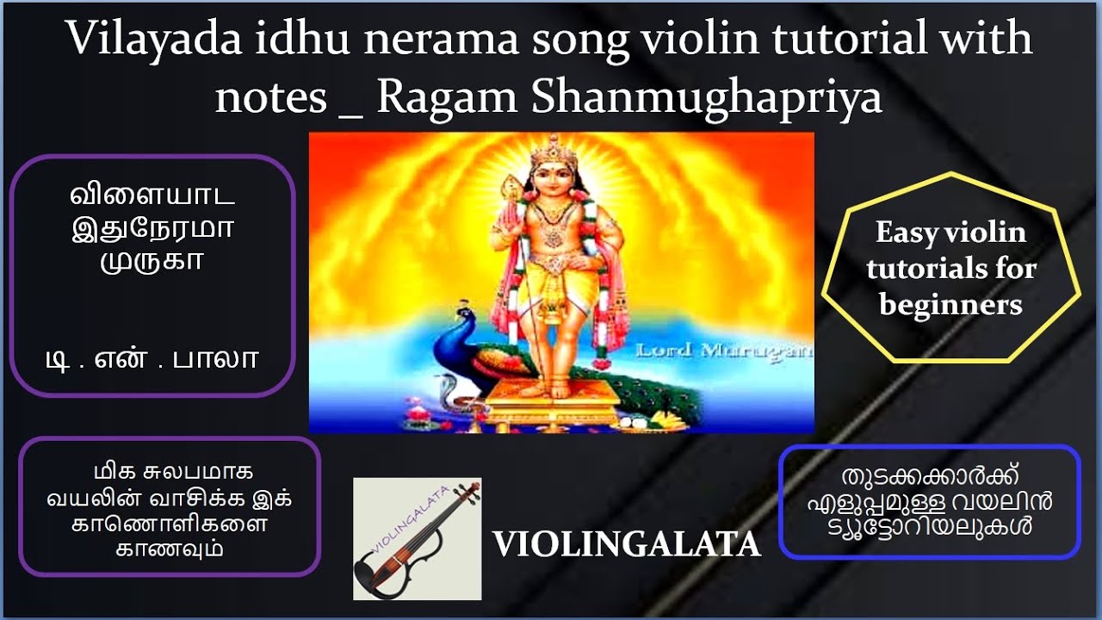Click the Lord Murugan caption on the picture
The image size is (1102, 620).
click(723, 350)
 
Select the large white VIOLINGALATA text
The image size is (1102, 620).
click(626, 544)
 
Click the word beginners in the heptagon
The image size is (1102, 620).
click(950, 305)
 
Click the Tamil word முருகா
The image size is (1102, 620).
click(152, 259)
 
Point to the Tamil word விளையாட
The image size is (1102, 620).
click(152, 197)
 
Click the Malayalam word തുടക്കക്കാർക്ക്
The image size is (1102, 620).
click(928, 477)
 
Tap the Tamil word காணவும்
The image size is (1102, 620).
click(170, 549)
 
